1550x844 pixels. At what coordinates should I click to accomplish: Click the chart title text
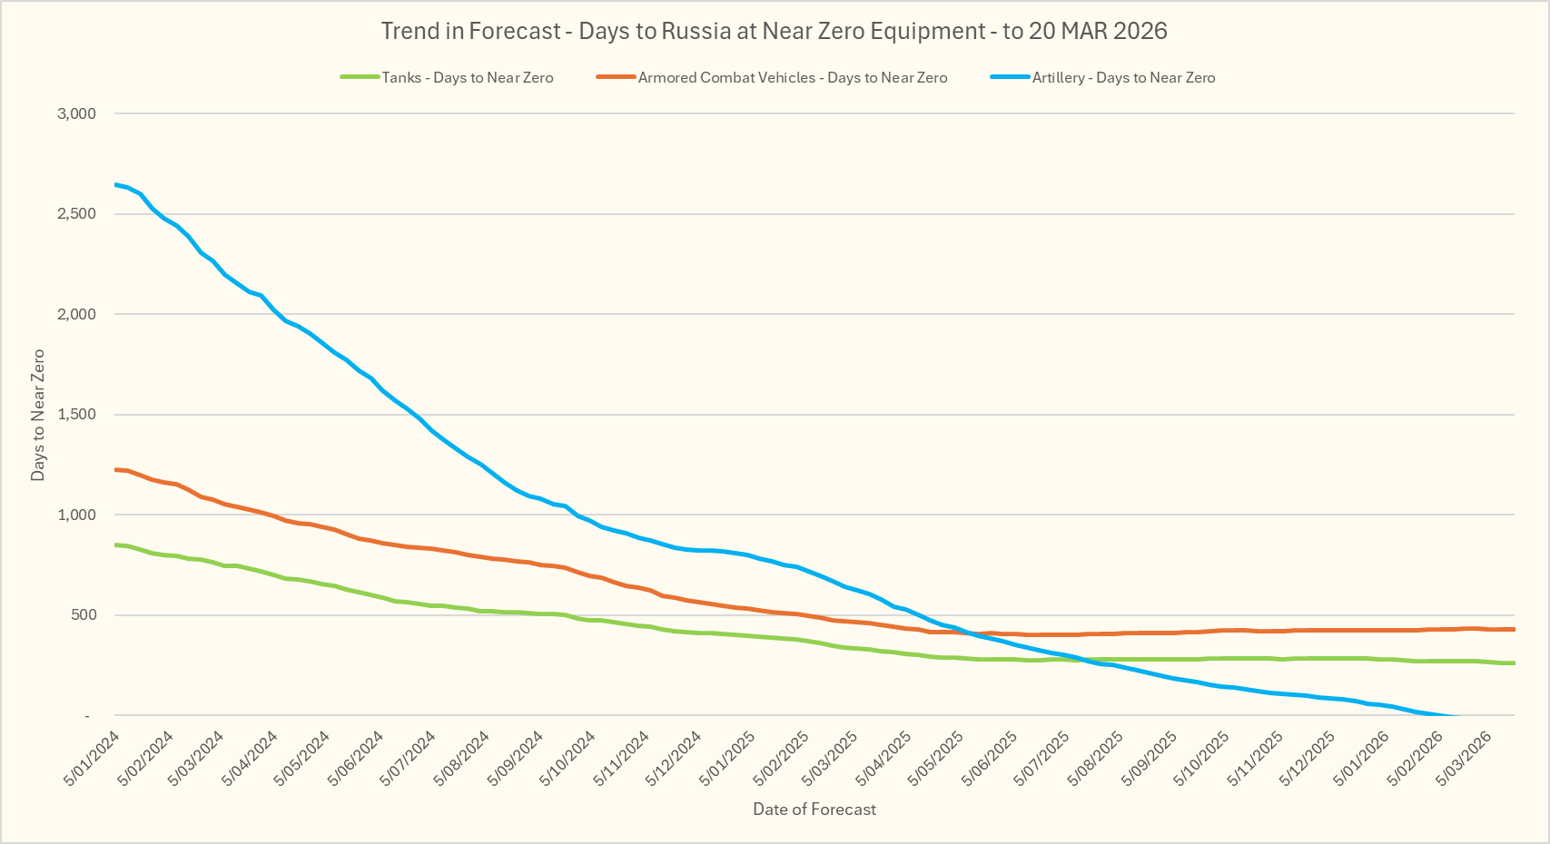pos(774,31)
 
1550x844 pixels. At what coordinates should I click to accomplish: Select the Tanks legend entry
pos(467,78)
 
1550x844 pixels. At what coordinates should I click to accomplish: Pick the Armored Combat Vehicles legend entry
pos(792,78)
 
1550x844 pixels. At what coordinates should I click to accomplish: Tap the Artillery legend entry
pos(1123,78)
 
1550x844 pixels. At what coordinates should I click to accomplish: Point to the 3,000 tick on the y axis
pos(76,113)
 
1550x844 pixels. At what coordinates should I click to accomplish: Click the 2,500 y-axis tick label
pos(76,214)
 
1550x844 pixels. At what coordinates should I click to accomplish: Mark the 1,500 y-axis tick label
pos(76,415)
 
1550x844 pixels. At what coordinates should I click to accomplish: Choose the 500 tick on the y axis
pos(83,615)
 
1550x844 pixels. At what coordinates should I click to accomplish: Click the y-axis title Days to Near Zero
pos(38,415)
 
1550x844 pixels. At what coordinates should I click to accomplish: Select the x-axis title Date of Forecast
pos(814,810)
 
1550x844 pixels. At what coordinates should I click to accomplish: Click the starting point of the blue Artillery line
pos(115,184)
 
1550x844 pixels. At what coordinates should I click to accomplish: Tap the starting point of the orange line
pos(115,469)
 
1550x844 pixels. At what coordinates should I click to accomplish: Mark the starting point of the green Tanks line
pos(115,545)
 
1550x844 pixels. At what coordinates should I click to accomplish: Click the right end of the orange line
pos(1514,629)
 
